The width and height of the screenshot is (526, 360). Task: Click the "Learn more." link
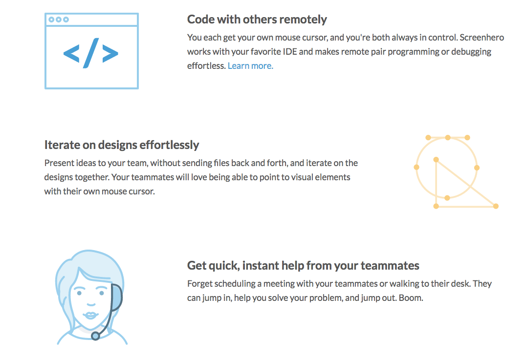point(250,65)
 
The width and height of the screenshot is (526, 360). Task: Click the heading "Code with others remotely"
point(257,20)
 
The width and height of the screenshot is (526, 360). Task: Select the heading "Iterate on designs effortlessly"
point(122,145)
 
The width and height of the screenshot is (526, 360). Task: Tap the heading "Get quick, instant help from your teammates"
point(303,265)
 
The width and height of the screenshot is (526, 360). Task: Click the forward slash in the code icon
point(91,53)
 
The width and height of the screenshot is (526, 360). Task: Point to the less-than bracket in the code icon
point(71,53)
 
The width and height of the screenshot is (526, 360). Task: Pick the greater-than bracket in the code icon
point(110,53)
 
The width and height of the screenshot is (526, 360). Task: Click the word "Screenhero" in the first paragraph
point(482,37)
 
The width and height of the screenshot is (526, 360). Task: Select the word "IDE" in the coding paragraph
point(290,52)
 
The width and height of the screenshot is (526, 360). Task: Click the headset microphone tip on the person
point(96,336)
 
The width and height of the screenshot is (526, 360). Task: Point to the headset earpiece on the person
point(116,297)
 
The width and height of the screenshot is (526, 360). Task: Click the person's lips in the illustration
point(90,316)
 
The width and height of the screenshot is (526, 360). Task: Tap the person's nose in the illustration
point(91,304)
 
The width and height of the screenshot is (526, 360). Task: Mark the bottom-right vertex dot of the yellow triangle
point(496,206)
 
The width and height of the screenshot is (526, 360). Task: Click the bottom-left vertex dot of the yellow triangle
point(436,206)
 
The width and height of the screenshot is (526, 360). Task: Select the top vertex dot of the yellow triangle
point(436,160)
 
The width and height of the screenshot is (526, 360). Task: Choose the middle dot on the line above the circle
point(447,137)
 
